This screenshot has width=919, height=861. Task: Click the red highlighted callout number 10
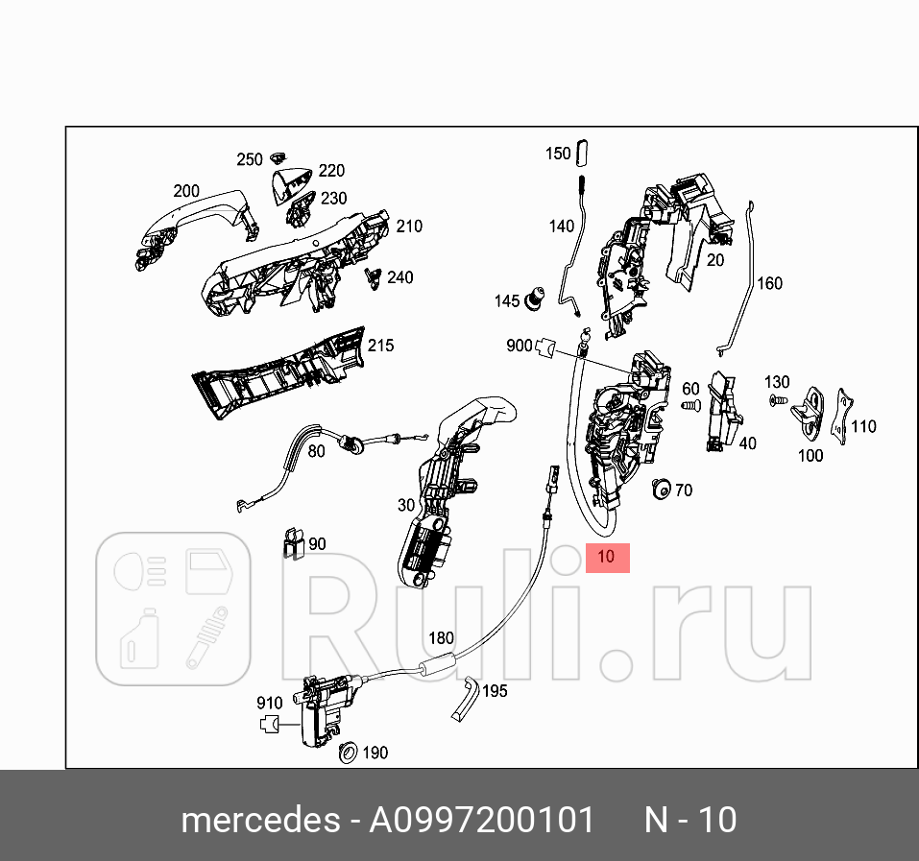[607, 557]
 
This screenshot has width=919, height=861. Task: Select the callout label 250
[249, 159]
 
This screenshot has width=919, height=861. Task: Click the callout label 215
[381, 346]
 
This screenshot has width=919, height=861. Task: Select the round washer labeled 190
[349, 753]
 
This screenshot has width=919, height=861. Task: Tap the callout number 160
[769, 283]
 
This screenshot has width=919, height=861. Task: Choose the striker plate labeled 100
[809, 411]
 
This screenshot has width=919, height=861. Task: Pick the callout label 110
[863, 426]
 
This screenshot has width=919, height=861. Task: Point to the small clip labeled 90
[292, 543]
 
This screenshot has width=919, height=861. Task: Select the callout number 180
[441, 638]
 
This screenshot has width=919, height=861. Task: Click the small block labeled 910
[272, 726]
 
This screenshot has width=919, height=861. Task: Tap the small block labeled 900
[547, 347]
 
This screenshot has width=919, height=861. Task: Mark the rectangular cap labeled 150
[587, 153]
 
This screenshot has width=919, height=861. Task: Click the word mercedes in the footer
[258, 821]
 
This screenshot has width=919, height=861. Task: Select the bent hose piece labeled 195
[467, 698]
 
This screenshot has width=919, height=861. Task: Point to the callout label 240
[399, 277]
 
